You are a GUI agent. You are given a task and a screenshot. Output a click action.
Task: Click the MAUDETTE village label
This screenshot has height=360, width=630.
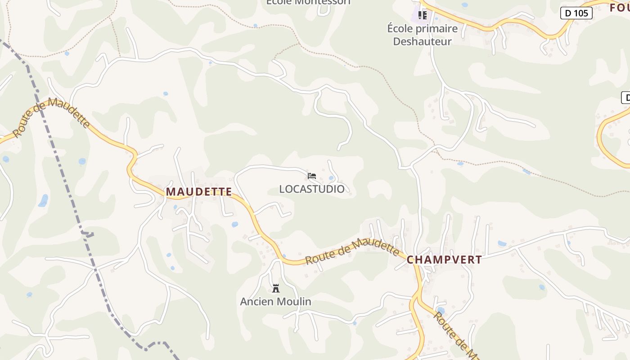199,192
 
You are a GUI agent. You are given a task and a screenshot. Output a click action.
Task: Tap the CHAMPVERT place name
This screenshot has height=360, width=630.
444,260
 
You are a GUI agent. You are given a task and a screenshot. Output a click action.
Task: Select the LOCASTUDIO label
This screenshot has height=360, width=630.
312,189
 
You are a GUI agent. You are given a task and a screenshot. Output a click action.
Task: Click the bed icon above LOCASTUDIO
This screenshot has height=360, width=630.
312,175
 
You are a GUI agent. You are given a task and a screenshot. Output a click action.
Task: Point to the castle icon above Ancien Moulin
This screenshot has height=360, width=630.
276,288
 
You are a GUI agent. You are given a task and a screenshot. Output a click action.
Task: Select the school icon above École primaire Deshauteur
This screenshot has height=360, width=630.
422,15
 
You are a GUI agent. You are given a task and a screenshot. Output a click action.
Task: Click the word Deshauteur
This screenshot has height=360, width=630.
422,41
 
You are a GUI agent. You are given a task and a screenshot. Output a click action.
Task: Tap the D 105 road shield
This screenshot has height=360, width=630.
576,13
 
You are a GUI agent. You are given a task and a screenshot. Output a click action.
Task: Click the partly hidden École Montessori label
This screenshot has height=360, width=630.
308,2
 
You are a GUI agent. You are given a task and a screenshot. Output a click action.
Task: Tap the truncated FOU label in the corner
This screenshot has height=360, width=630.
620,8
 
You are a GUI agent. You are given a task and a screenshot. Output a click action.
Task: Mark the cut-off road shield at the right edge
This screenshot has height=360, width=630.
625,97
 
